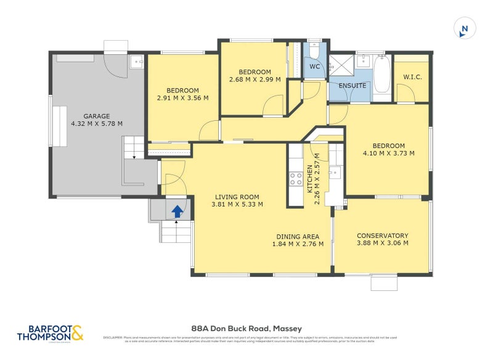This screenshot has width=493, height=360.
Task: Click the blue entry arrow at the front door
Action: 177,211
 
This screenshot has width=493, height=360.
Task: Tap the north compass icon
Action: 465,29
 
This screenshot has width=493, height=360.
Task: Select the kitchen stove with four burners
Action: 296,179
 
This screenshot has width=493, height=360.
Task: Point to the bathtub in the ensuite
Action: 381,75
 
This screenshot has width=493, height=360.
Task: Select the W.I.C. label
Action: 412,77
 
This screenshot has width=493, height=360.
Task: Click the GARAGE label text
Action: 97,115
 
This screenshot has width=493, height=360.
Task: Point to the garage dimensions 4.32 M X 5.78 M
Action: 97,123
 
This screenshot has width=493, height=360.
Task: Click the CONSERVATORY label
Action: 382,235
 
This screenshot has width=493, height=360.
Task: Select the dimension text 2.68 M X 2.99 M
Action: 255,80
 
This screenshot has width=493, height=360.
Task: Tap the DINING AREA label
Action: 297,237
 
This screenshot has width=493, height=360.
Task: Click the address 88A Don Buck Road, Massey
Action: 246,329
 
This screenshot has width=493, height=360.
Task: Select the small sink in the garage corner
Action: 137,61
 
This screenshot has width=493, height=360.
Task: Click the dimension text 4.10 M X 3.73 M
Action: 388,153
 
